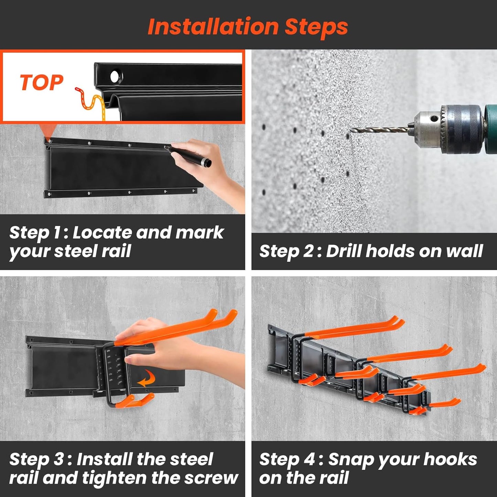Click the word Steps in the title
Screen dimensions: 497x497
[x=316, y=28]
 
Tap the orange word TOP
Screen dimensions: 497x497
[x=42, y=83]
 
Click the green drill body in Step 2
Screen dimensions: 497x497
[x=491, y=129]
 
